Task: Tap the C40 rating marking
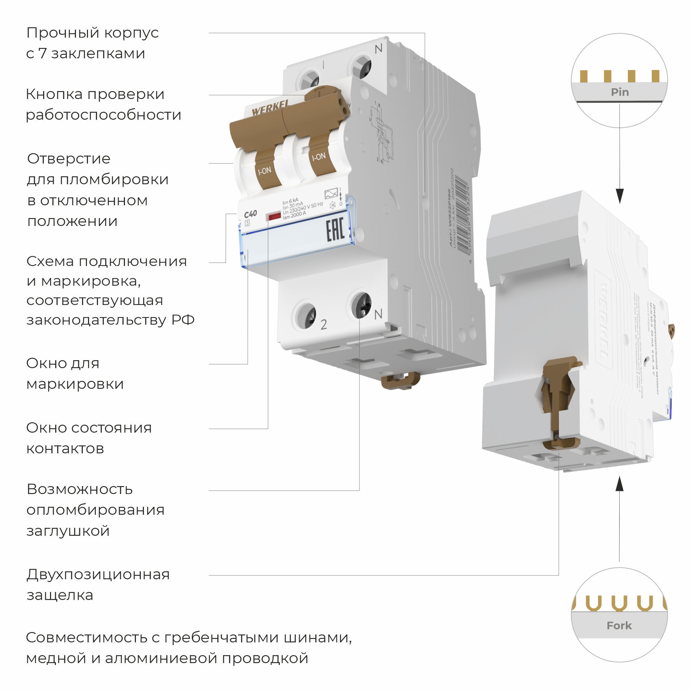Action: [250, 214]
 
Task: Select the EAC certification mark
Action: [335, 230]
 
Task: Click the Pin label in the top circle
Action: [620, 92]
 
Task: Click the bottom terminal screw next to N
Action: [361, 305]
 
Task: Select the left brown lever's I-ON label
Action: [265, 171]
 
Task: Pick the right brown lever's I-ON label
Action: [318, 156]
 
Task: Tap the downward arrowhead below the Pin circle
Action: [620, 196]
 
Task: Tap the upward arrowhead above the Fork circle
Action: [620, 484]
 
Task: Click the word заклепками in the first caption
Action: [98, 53]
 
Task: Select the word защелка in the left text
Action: [60, 595]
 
